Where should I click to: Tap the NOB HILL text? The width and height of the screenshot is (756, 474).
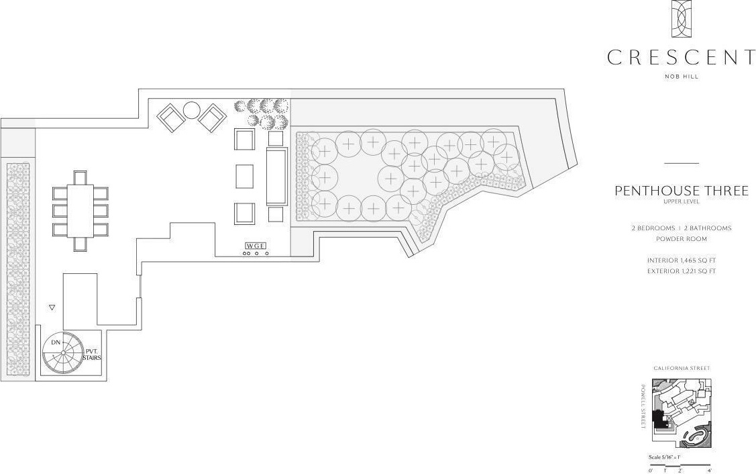coord(681,77)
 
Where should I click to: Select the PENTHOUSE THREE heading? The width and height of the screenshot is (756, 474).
coord(681,191)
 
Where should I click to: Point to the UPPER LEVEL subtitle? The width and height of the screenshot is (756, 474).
coord(681,201)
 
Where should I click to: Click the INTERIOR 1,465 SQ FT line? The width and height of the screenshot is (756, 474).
coord(681,260)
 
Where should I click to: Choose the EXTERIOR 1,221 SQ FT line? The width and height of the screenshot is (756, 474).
coord(681,271)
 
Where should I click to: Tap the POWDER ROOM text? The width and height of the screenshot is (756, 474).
coord(681,239)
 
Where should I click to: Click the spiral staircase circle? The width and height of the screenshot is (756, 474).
coord(63,352)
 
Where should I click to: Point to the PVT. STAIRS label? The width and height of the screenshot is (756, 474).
coord(92,354)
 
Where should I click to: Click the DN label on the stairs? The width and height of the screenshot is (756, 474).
coord(56,343)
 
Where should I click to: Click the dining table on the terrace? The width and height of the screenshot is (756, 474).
coord(80,210)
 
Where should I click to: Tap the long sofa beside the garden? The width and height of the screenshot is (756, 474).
coord(276,177)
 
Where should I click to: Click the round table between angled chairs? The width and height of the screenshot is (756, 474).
coord(192,109)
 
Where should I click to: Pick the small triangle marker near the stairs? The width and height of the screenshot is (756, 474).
coord(52,307)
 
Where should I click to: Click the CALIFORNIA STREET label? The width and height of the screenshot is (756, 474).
coord(681,368)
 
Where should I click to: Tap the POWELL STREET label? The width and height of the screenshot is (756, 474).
coord(643,408)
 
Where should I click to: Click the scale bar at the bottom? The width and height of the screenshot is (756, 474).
coord(679,465)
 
